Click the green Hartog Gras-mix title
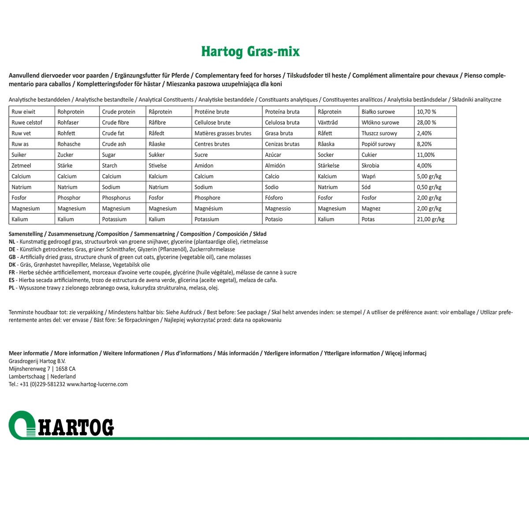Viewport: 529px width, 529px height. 250,52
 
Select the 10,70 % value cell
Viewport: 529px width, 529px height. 426,112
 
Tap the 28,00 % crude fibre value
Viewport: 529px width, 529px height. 426,123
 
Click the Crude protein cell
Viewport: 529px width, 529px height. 119,112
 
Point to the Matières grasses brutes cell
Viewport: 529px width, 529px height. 223,133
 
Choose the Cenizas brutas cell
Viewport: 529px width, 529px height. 282,144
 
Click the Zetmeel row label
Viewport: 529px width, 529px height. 22,166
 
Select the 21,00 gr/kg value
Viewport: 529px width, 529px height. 430,219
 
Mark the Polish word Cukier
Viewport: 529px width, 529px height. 369,155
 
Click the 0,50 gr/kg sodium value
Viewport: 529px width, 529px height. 429,187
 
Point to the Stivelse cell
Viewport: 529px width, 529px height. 157,166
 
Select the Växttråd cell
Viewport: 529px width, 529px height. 328,123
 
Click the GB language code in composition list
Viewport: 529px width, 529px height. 12,257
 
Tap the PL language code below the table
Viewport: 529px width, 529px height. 12,288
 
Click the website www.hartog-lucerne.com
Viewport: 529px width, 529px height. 97,384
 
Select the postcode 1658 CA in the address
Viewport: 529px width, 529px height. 65,369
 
